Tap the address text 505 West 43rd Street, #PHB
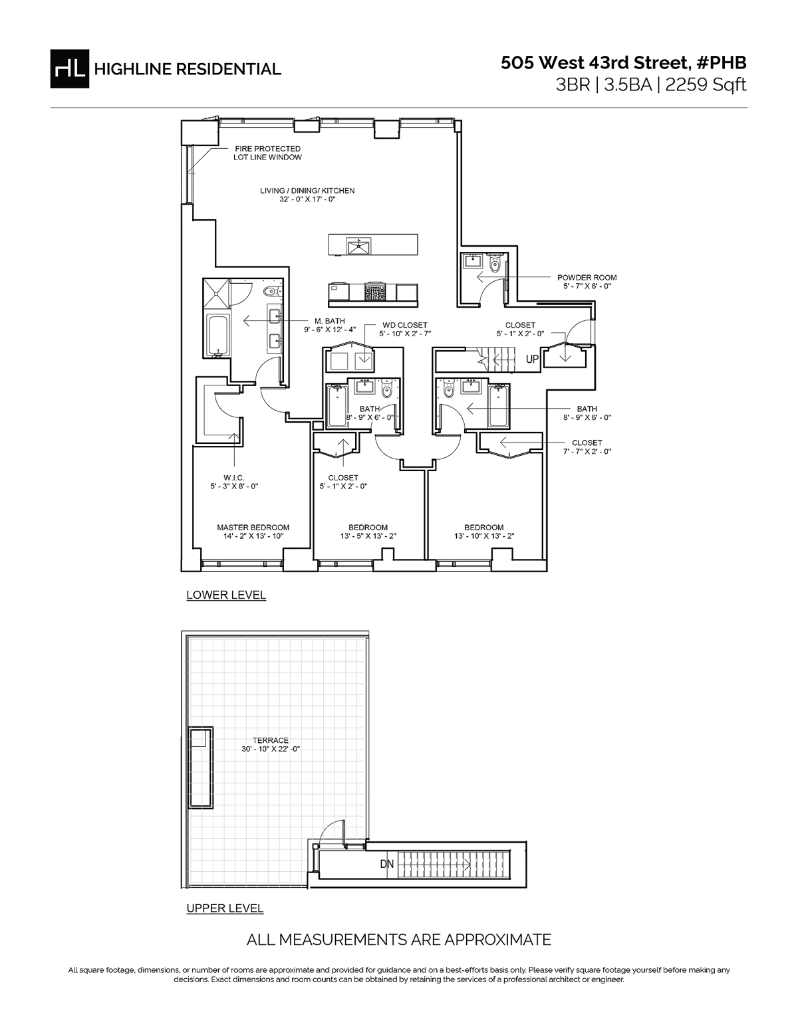(623, 63)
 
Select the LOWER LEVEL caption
(226, 595)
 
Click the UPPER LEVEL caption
(225, 908)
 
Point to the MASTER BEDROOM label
(253, 528)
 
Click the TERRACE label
(271, 740)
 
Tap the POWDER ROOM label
(587, 278)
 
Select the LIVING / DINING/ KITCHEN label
(307, 191)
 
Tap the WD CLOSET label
(404, 325)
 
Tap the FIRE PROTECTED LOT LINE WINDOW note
(267, 153)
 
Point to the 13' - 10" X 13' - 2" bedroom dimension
(484, 536)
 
